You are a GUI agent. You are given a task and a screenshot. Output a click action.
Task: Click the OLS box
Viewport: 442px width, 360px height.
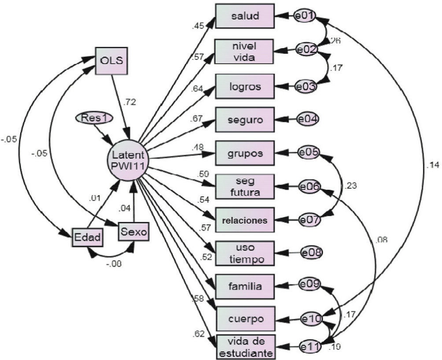tap(112, 61)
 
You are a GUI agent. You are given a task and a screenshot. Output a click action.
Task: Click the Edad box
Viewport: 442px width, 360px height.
tap(87, 238)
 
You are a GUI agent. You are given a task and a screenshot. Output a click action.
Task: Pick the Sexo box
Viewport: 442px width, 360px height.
tap(134, 231)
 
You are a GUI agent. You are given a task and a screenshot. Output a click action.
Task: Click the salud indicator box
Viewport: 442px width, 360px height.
tap(245, 16)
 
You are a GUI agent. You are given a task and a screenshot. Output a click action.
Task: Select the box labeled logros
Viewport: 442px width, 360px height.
tap(245, 86)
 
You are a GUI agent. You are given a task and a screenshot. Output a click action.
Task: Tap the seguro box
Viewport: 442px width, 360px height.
tap(245, 119)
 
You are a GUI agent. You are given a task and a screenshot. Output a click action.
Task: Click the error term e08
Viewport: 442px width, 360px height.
tap(312, 253)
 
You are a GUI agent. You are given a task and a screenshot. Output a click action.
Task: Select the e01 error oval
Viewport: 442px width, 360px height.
tap(304, 16)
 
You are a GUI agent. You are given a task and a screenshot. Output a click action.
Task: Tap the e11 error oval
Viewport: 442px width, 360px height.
tap(311, 347)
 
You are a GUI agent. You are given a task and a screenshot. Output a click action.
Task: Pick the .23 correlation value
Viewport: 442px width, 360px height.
tap(351, 185)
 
